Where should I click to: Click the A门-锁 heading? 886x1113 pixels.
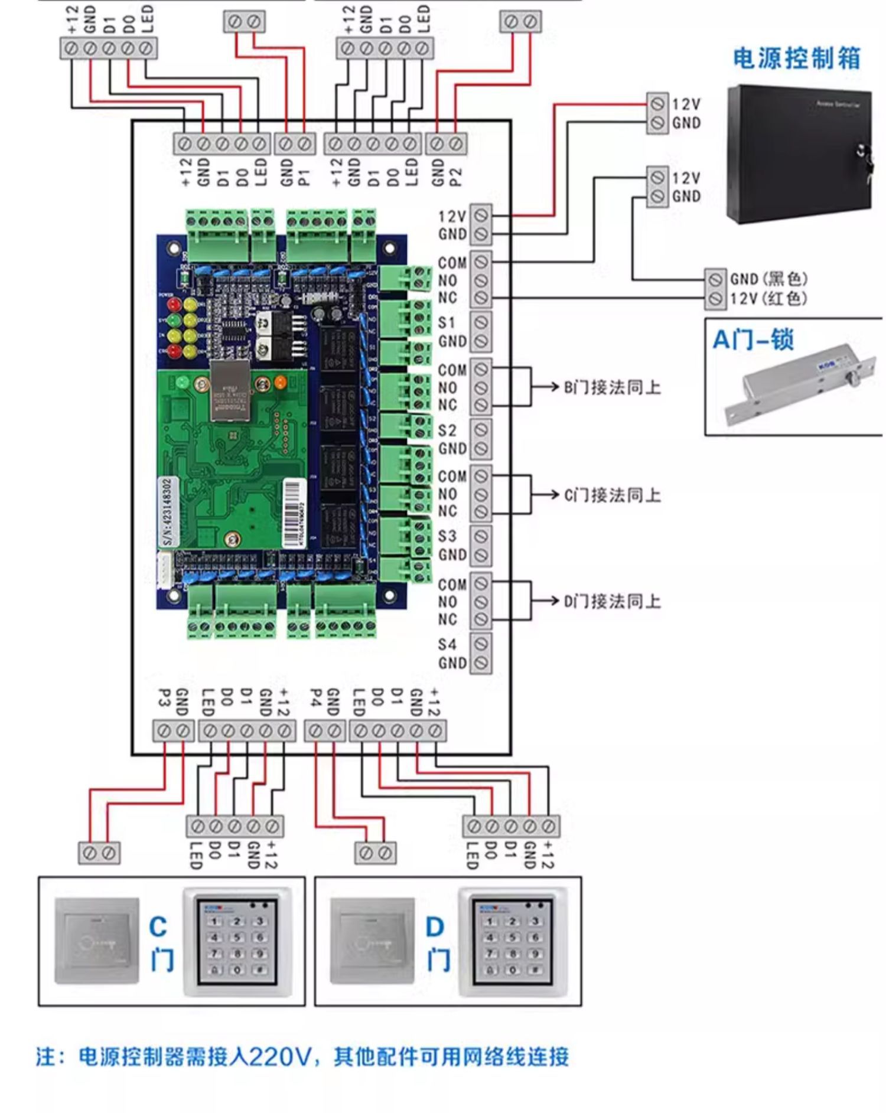(753, 340)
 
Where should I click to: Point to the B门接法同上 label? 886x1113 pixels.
(612, 388)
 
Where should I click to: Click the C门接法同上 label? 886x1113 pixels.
(612, 495)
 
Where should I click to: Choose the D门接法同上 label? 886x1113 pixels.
(612, 602)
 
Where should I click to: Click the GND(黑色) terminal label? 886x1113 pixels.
(768, 279)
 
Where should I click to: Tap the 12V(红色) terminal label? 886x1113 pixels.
(768, 298)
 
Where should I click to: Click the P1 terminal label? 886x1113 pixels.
(305, 175)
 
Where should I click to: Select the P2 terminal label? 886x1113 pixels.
(456, 175)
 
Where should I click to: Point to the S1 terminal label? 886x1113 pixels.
(447, 323)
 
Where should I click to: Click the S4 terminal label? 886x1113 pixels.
(447, 644)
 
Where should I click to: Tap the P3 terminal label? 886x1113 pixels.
(164, 698)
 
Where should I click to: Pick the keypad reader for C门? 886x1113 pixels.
(237, 941)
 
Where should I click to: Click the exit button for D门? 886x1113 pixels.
(372, 941)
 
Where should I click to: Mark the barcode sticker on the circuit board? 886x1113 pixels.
(294, 513)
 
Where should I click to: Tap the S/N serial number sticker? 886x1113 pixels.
(168, 511)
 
